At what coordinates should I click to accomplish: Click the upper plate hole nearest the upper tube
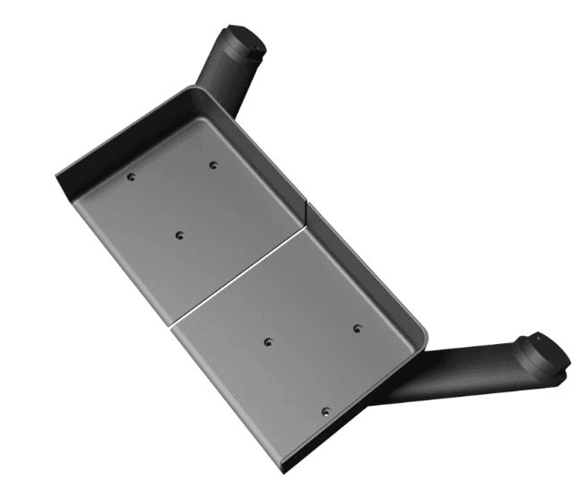click(213, 164)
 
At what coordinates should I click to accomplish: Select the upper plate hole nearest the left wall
click(131, 177)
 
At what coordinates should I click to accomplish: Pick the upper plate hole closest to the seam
click(180, 236)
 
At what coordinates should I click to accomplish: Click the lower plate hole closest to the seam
click(268, 340)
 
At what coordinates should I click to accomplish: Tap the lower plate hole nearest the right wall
click(356, 328)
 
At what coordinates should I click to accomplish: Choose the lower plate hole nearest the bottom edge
click(324, 413)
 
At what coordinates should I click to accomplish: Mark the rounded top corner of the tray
click(197, 90)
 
